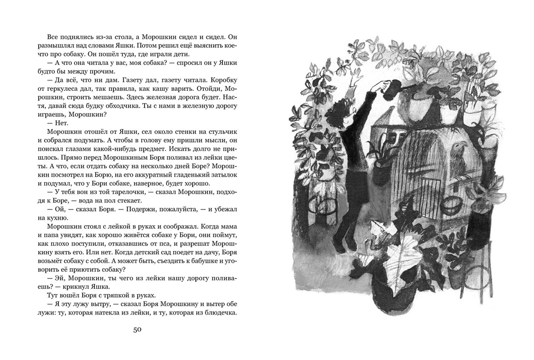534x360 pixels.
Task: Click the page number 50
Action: click(x=137, y=329)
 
